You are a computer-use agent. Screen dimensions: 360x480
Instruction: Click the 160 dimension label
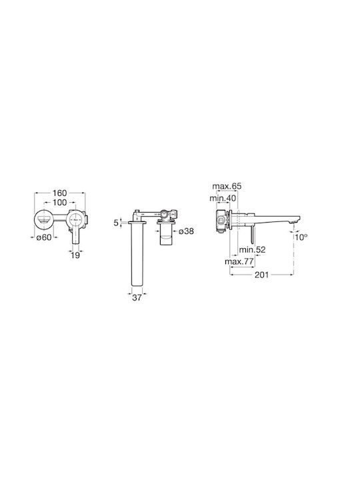[x=59, y=193]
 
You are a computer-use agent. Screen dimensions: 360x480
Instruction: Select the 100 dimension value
[x=59, y=203]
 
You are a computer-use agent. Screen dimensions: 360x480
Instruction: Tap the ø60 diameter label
[x=44, y=237]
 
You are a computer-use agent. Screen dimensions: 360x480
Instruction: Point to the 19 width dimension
[x=75, y=255]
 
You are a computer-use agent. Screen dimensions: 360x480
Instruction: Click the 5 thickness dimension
[x=116, y=223]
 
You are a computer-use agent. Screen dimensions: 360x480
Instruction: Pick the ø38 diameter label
[x=186, y=231]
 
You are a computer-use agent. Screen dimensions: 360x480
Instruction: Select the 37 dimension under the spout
[x=137, y=297]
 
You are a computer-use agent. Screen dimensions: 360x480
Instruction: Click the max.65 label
[x=227, y=186]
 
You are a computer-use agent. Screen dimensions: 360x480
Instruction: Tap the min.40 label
[x=223, y=198]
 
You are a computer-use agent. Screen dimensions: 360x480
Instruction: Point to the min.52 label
[x=252, y=249]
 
